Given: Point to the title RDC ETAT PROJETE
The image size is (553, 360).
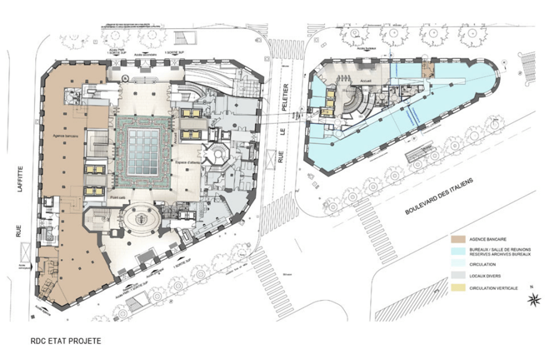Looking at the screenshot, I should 65,342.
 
